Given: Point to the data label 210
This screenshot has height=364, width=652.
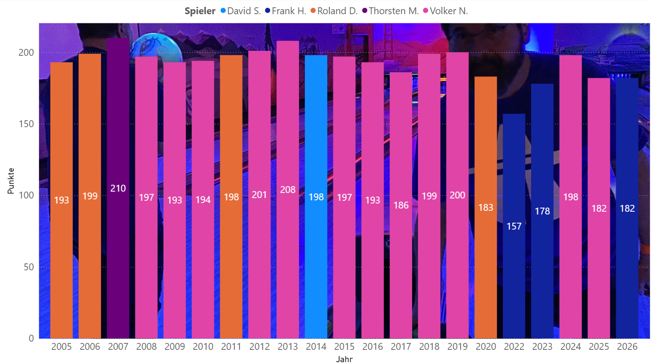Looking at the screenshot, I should [x=118, y=188].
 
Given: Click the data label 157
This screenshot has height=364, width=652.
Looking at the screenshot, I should [x=514, y=226].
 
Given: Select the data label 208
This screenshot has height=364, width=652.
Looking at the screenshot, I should [x=288, y=189].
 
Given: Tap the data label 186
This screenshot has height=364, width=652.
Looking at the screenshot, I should [x=401, y=205].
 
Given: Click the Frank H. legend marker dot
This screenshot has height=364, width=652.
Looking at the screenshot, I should [x=267, y=11].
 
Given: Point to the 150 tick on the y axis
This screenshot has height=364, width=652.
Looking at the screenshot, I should [x=28, y=124].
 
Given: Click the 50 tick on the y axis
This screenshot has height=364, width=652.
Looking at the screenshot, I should [x=30, y=267].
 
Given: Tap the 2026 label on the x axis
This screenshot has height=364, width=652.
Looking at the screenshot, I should [x=627, y=347].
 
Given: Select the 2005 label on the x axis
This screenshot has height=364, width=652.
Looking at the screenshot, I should [x=61, y=347].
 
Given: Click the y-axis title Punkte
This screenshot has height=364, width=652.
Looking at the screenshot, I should [x=11, y=181].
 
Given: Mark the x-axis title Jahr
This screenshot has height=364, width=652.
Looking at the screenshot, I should [x=344, y=359].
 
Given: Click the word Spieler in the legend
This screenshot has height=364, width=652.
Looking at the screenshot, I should [x=200, y=11].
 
